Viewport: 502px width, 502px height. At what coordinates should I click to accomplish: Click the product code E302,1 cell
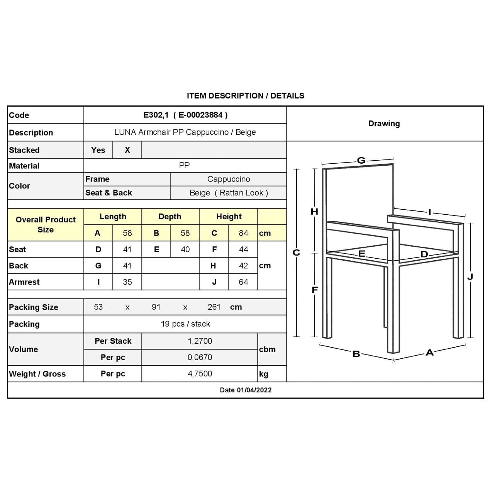[x=185, y=115]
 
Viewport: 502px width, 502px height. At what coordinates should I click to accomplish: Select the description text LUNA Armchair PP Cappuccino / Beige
[x=185, y=132]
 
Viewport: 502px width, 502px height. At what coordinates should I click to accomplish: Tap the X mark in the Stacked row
[x=127, y=150]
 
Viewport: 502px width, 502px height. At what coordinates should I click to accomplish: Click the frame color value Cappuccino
[x=229, y=179]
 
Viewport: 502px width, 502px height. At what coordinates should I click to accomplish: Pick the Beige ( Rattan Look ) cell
[x=229, y=193]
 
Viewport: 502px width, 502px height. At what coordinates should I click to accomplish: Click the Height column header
[x=229, y=217]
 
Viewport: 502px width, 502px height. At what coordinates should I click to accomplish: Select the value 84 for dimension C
[x=243, y=233]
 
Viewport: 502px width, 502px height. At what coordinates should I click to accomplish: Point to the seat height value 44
[x=243, y=249]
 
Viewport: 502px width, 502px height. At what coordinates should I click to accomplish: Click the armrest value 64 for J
[x=243, y=282]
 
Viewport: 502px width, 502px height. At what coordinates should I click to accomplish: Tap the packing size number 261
[x=214, y=307]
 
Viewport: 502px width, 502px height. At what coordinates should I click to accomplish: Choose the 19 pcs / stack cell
[x=185, y=324]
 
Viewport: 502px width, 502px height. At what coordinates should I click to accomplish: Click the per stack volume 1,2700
[x=200, y=341]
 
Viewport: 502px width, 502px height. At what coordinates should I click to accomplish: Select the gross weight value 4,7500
[x=200, y=374]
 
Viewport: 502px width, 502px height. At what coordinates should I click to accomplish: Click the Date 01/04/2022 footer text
[x=246, y=390]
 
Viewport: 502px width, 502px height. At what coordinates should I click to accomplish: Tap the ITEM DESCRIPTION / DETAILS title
[x=246, y=96]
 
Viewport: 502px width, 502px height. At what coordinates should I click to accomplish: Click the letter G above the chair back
[x=361, y=160]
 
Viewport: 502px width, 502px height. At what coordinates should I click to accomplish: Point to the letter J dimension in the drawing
[x=470, y=277]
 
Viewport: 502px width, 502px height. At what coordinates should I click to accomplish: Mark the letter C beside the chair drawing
[x=296, y=253]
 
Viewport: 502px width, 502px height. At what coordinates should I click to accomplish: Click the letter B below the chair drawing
[x=356, y=354]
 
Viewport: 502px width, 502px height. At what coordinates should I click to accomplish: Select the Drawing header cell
[x=384, y=124]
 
